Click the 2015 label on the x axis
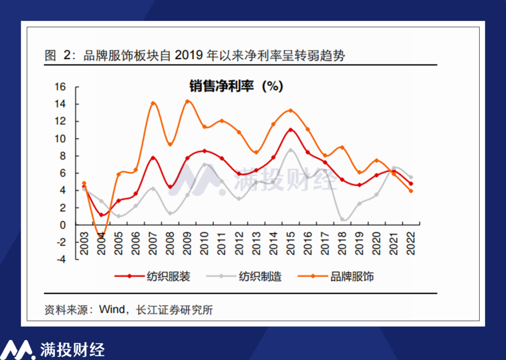click(290, 242)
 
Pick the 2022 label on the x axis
click(411, 242)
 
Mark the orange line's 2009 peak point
click(187, 101)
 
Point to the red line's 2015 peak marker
click(290, 130)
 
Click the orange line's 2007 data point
click(153, 103)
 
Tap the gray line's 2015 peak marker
click(290, 150)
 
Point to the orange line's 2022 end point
click(411, 191)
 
